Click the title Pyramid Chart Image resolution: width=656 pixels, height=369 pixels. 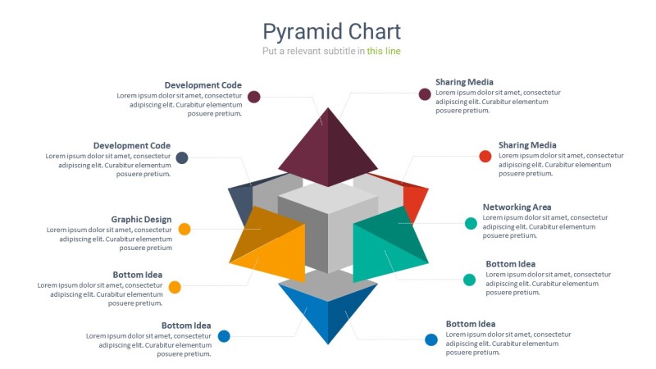pyautogui.click(x=331, y=32)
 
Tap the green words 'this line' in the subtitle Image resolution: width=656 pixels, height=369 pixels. pyautogui.click(x=384, y=51)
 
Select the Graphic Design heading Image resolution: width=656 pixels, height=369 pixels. pyautogui.click(x=141, y=219)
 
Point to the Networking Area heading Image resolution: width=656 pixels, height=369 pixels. pyautogui.click(x=517, y=207)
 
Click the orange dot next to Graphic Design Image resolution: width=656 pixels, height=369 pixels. pyautogui.click(x=184, y=229)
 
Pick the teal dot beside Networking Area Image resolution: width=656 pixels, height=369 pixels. pyautogui.click(x=471, y=223)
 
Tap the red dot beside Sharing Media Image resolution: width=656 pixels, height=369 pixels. pyautogui.click(x=485, y=156)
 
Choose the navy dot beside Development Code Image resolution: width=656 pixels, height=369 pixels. pyautogui.click(x=182, y=157)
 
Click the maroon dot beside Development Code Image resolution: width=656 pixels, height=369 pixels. pyautogui.click(x=254, y=97)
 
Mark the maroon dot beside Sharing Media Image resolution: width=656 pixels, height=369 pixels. pyautogui.click(x=425, y=94)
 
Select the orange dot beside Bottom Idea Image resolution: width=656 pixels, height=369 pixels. pyautogui.click(x=175, y=287)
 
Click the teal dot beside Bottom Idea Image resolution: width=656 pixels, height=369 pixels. pyautogui.click(x=469, y=280)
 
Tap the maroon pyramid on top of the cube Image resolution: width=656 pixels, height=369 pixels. pyautogui.click(x=328, y=148)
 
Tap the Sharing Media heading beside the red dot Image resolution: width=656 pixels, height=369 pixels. pyautogui.click(x=527, y=145)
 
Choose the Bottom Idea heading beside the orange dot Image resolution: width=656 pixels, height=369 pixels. pyautogui.click(x=137, y=275)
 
